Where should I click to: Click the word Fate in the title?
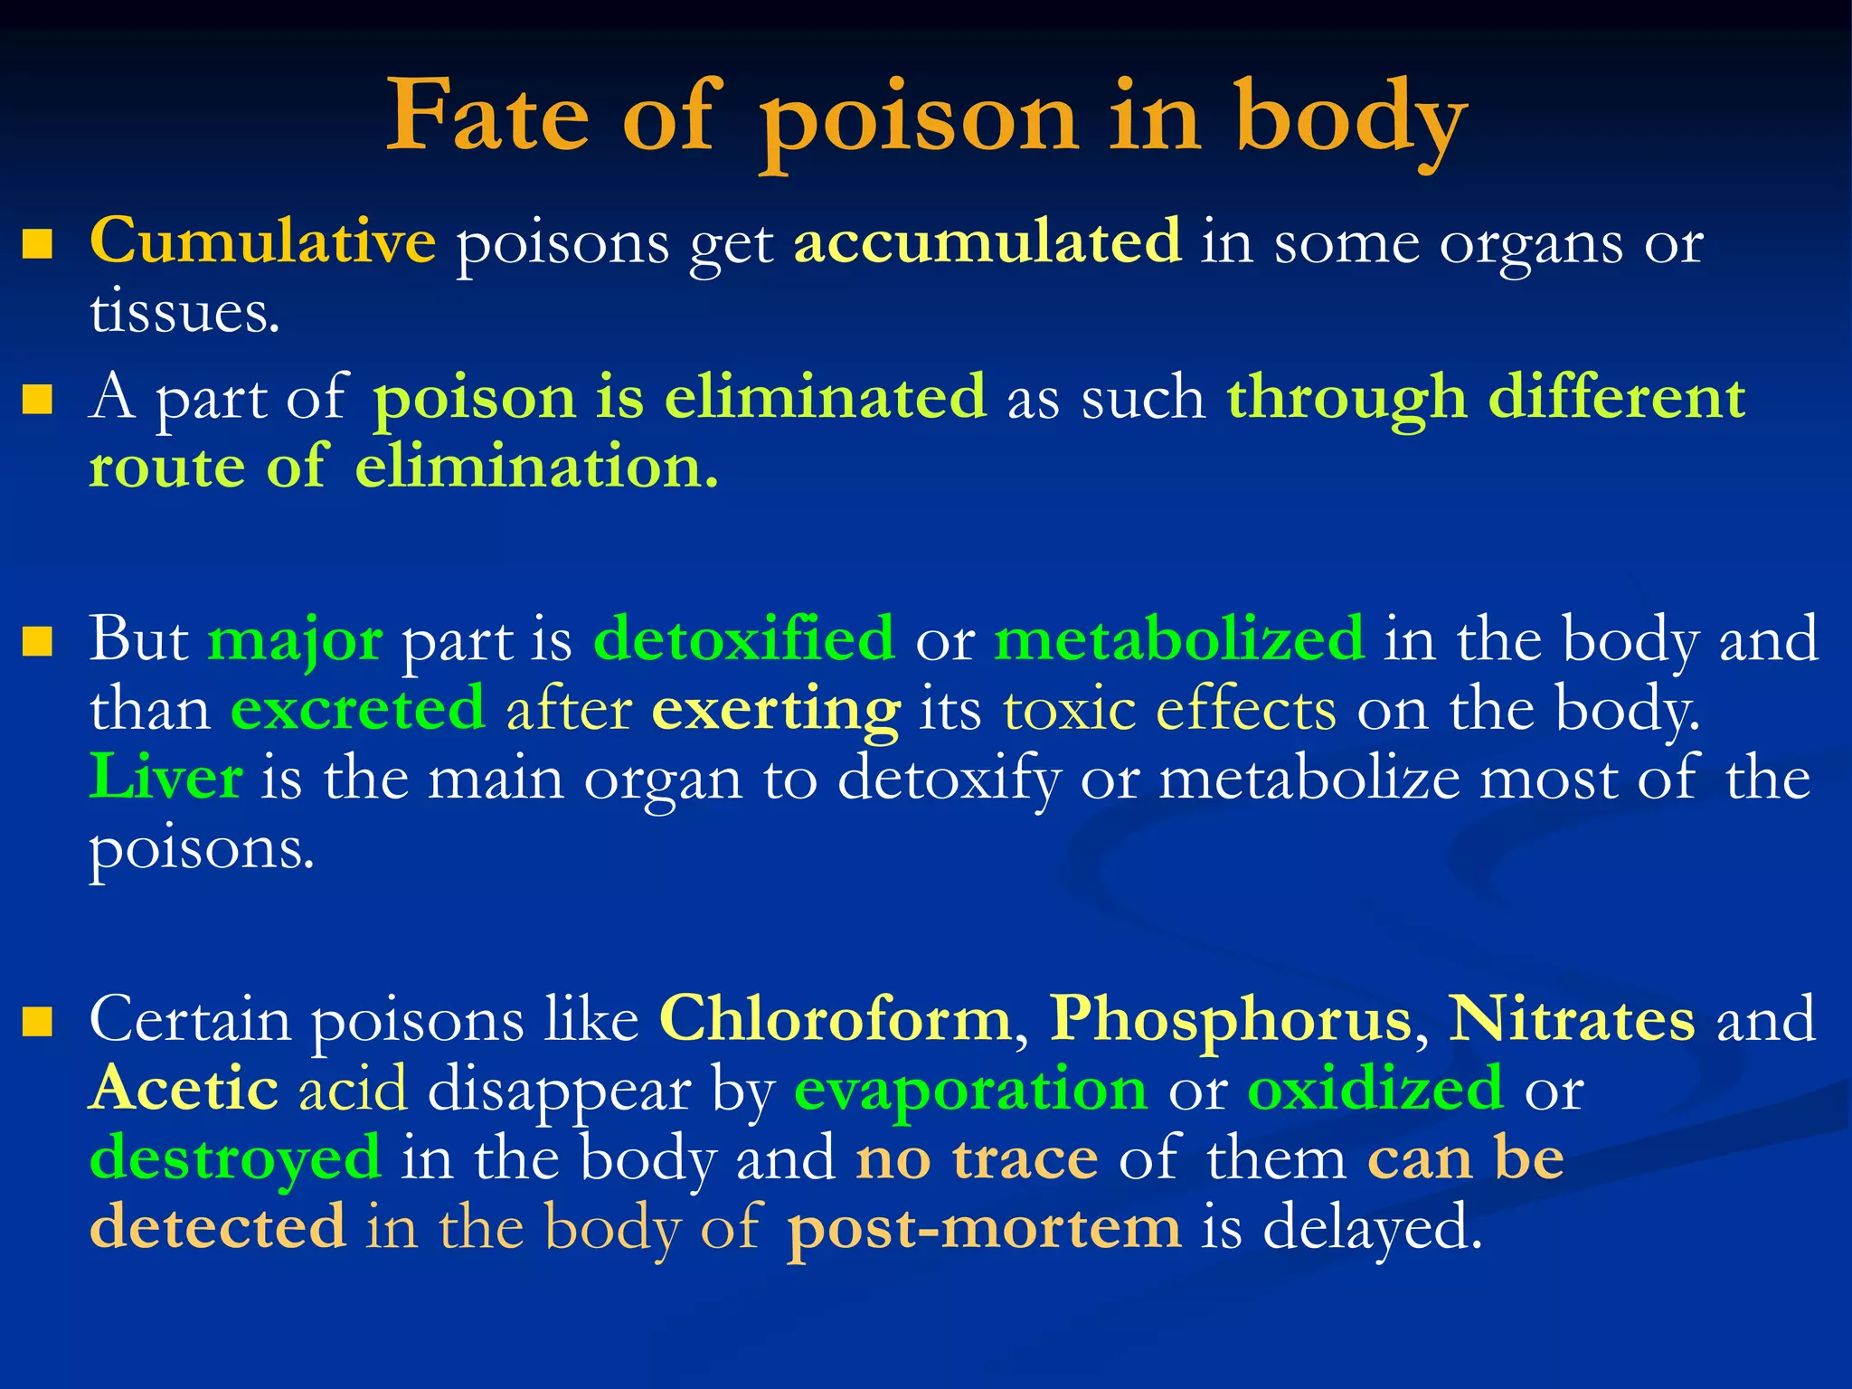coord(487,118)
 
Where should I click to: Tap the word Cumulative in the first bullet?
coord(262,242)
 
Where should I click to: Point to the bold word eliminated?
coord(825,398)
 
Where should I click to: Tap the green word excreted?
coord(358,709)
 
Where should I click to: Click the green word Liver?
coord(166,778)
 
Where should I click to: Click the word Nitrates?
coord(1572,1020)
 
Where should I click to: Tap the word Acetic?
coord(184,1089)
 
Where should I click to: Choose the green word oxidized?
coord(1375,1089)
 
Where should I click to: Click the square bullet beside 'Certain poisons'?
coord(37,1023)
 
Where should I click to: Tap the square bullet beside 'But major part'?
coord(37,642)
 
